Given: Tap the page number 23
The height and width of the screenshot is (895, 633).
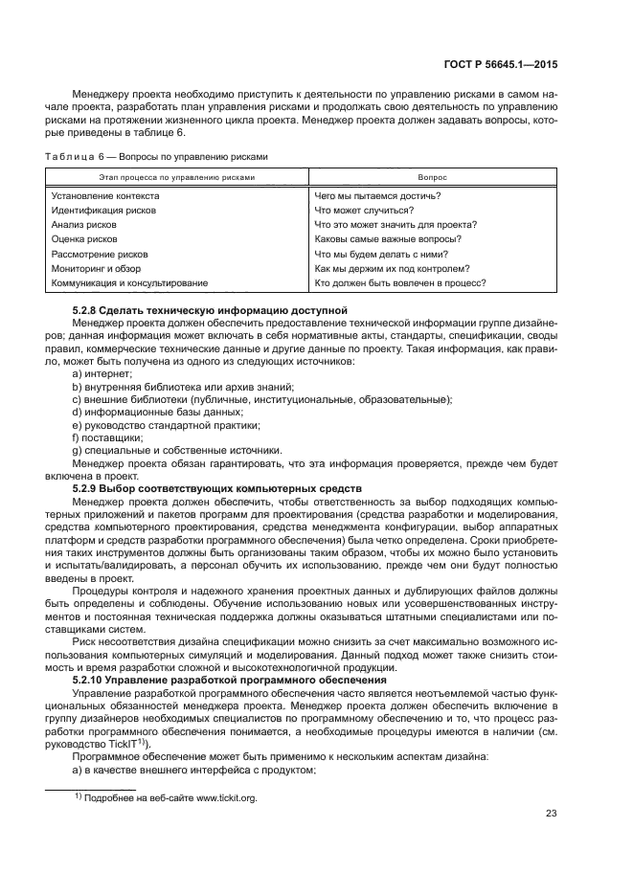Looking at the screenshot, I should [551, 815].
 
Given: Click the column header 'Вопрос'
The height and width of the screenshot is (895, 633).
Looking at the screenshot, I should [433, 177].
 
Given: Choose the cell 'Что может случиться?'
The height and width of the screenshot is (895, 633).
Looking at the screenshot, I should [364, 211].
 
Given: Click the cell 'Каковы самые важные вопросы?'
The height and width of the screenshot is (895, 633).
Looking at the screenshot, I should [388, 239].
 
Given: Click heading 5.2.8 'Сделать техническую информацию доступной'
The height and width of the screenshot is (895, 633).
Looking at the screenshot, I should [210, 312].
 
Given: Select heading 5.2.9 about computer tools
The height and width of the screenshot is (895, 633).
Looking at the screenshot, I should [216, 488].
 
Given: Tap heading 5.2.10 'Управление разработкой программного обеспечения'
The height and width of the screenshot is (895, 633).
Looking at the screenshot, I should [233, 679].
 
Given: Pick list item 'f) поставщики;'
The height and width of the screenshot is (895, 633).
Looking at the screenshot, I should [107, 437].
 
